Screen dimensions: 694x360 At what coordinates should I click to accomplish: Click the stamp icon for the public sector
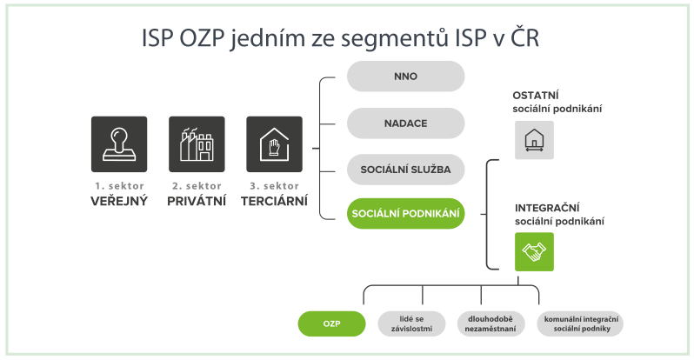point(119,144)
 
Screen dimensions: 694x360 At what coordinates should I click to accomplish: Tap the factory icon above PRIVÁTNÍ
point(197,144)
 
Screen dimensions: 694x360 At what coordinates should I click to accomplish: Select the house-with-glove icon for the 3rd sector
point(275,144)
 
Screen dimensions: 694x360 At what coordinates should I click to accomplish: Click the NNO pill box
point(405,77)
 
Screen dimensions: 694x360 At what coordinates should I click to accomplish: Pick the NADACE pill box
point(405,123)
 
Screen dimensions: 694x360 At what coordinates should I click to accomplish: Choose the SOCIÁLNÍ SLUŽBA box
point(405,170)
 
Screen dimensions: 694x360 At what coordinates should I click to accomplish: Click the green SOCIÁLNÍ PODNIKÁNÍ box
point(405,213)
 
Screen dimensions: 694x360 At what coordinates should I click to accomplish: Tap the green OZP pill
point(331,323)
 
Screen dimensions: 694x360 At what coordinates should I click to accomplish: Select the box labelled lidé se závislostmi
point(411,323)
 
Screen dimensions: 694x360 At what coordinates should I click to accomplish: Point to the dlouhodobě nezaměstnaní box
point(490,323)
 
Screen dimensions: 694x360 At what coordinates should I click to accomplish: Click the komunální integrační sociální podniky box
point(580,323)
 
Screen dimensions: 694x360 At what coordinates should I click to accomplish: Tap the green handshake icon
point(534,251)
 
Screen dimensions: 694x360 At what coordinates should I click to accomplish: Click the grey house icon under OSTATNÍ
point(534,140)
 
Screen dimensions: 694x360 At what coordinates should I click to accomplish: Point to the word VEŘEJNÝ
point(119,201)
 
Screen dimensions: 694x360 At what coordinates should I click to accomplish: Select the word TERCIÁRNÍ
point(275,201)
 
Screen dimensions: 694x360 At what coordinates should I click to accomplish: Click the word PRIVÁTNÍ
point(197,201)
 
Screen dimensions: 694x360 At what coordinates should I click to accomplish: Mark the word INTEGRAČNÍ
point(547,208)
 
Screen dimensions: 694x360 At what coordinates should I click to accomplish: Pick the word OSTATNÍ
point(536,95)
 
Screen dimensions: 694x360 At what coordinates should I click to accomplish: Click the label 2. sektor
point(197,186)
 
